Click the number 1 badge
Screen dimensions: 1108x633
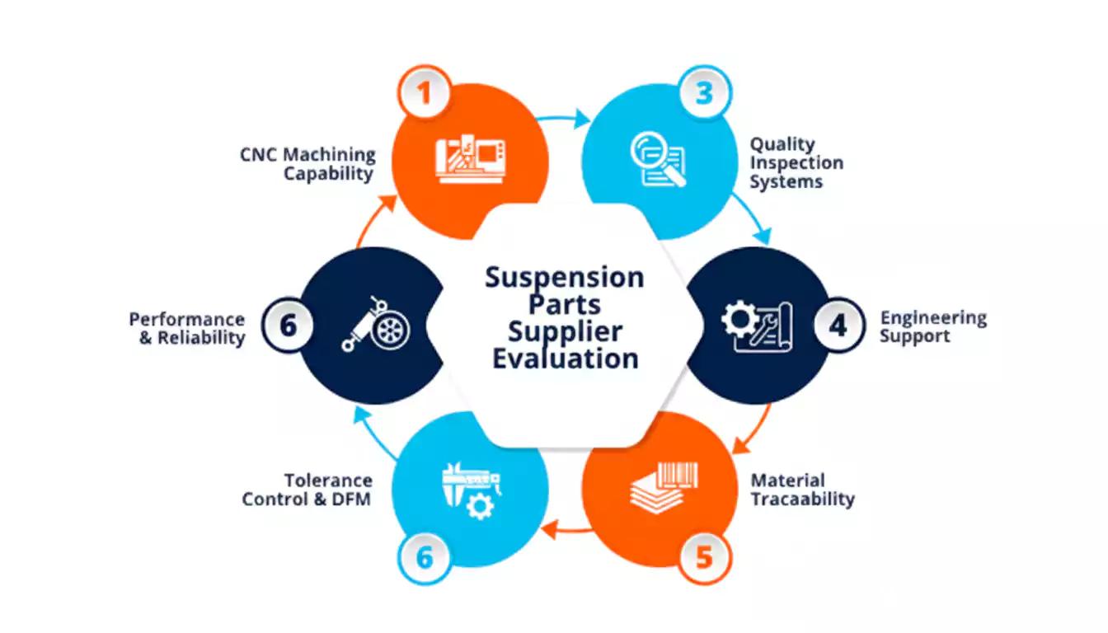(x=425, y=92)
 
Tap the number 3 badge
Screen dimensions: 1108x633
(x=705, y=92)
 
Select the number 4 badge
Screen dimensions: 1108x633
(x=839, y=326)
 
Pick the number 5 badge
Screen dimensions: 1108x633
(x=704, y=558)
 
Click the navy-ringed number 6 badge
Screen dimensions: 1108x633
(x=288, y=326)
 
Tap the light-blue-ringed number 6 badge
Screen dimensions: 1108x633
(x=425, y=558)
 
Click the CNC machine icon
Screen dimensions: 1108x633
(x=471, y=159)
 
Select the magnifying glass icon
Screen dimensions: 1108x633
(x=659, y=159)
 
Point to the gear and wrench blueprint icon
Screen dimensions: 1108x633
(x=757, y=326)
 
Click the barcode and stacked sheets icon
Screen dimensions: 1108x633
(x=664, y=488)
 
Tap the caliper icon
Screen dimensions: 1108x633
(x=472, y=490)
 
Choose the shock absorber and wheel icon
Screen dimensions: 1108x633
(x=376, y=325)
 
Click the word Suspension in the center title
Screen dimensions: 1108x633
(x=565, y=278)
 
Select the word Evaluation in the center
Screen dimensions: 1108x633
(x=566, y=358)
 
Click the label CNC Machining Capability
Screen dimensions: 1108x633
(x=308, y=164)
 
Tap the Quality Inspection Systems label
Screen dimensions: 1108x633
(x=796, y=162)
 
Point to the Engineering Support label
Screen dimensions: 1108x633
(x=933, y=326)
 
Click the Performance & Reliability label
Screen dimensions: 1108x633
(x=187, y=328)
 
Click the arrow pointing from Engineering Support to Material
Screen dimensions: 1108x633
(x=754, y=429)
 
